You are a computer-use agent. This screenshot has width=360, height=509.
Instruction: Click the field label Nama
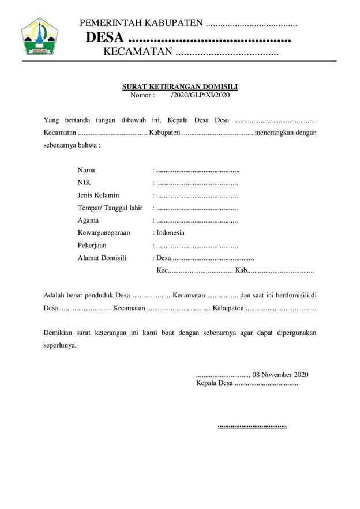point(86,170)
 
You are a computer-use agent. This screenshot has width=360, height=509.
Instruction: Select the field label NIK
point(84,183)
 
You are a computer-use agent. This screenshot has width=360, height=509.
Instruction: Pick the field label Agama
point(88,220)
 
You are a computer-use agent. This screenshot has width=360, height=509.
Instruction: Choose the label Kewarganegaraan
point(104,233)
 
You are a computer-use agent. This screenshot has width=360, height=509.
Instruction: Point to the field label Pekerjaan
point(93,246)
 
